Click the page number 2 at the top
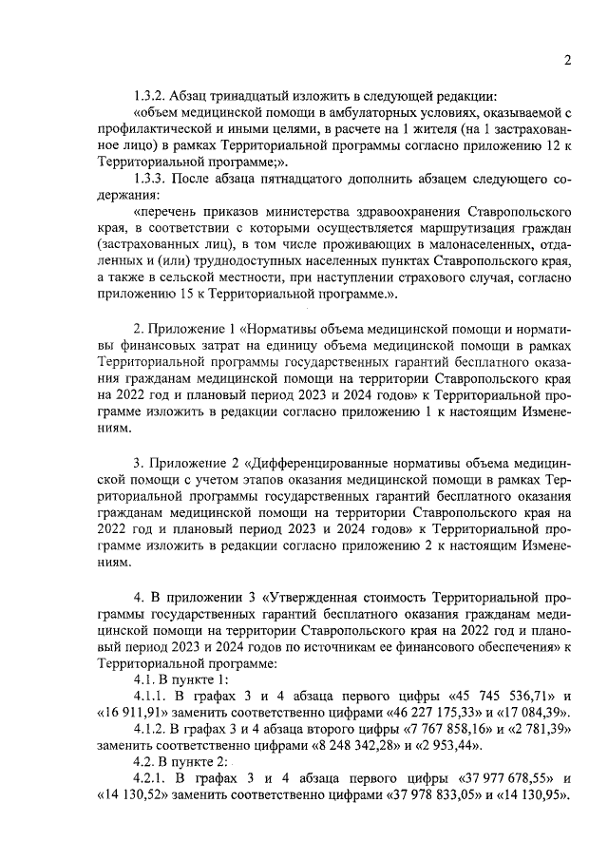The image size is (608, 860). [x=566, y=62]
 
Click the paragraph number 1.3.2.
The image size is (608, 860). [x=151, y=96]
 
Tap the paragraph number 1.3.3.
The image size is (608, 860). [x=151, y=182]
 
